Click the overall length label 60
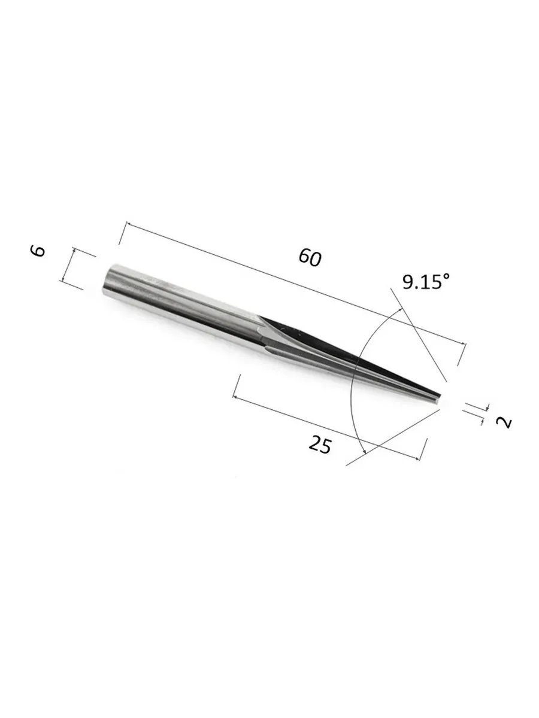[x=310, y=257]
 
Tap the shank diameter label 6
[x=38, y=251]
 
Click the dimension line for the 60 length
[x=296, y=283]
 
